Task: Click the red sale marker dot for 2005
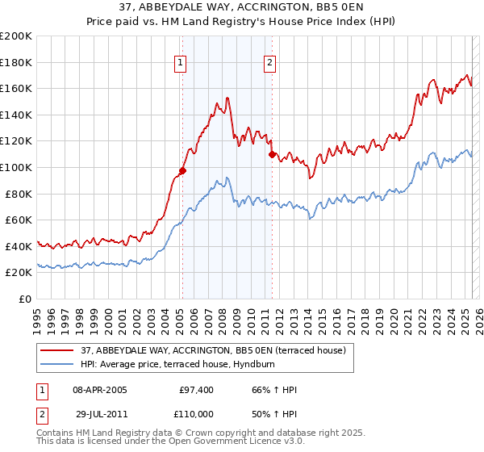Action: tap(183, 170)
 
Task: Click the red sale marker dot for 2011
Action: tap(273, 154)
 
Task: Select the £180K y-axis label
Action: tap(16, 62)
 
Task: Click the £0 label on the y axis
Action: tap(26, 299)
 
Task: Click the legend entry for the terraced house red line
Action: tap(213, 349)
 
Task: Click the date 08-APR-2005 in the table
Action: tap(100, 390)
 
